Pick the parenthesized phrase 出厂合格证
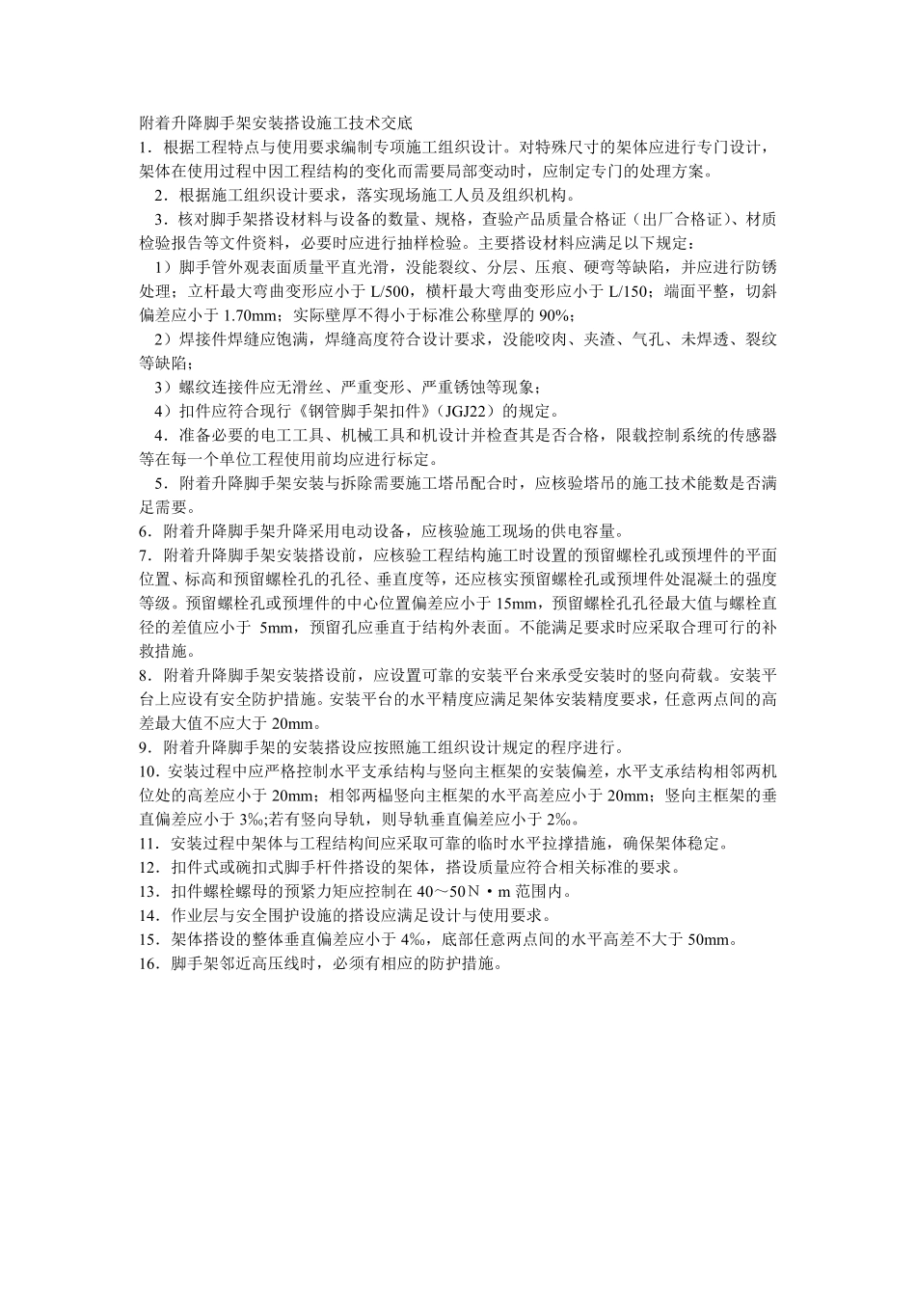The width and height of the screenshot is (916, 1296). pyautogui.click(x=683, y=220)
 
